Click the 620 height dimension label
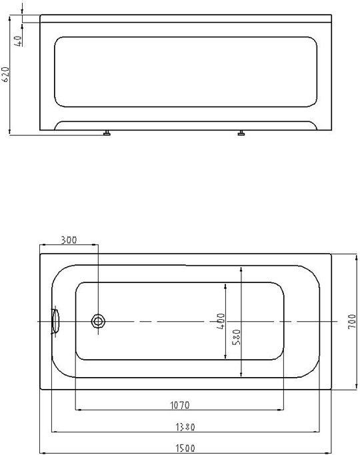tap(5, 75)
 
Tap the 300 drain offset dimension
tap(69, 240)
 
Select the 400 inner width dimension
tap(221, 322)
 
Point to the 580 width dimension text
tap(237, 336)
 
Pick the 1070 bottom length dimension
tap(180, 404)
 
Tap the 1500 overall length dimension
tap(185, 450)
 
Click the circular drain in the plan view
tap(99, 322)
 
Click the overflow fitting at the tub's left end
tap(55, 321)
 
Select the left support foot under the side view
tap(107, 134)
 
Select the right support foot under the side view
tap(241, 134)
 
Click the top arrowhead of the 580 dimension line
tap(241, 267)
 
